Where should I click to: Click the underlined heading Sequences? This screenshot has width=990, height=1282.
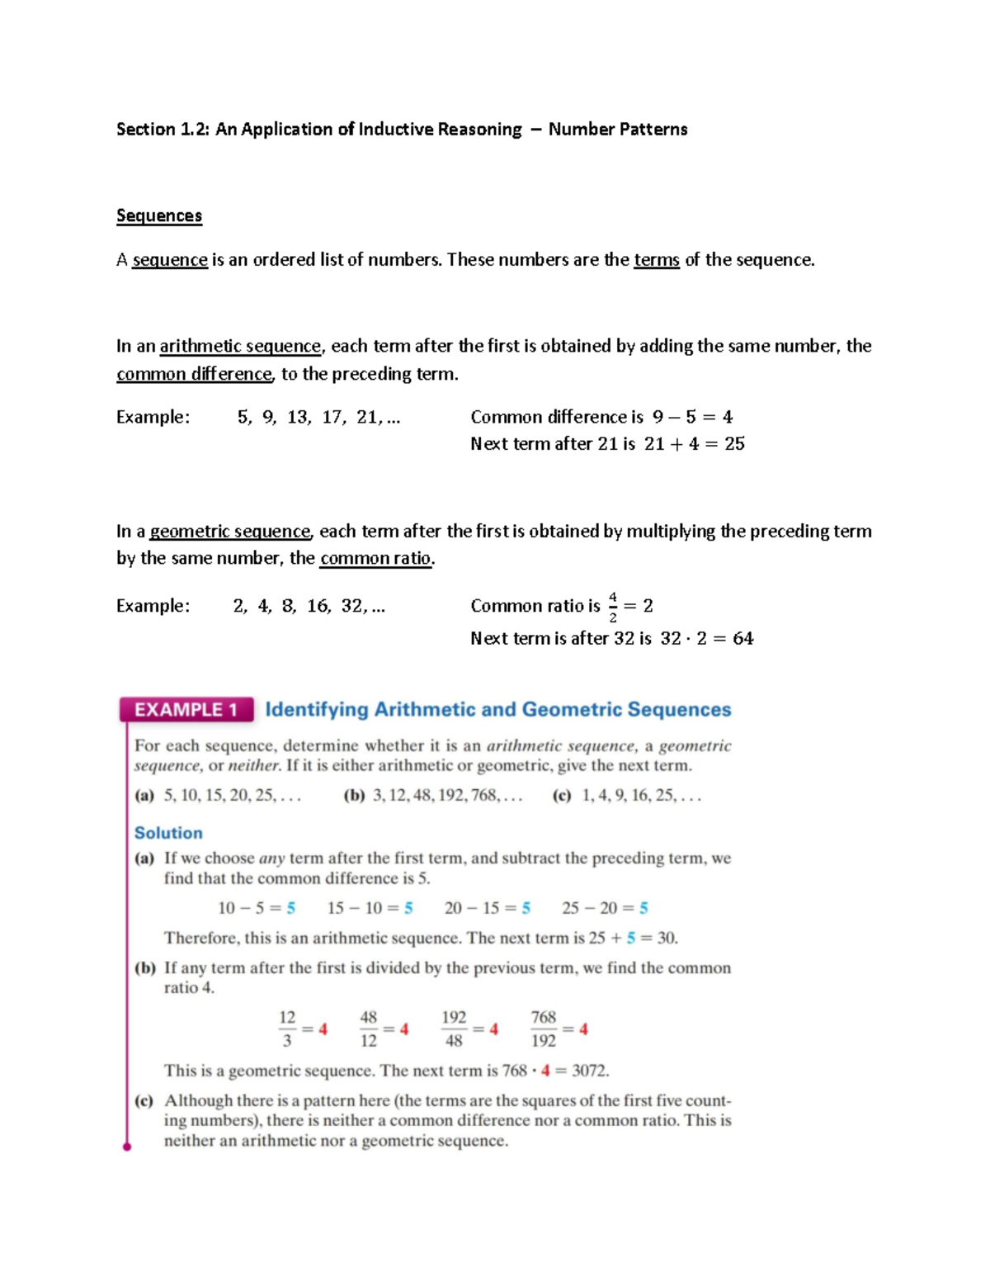[x=158, y=216]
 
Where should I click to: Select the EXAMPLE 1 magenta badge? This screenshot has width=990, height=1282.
[x=186, y=710]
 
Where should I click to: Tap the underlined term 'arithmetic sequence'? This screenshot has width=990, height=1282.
[x=240, y=346]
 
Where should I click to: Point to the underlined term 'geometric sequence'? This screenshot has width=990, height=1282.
[x=230, y=532]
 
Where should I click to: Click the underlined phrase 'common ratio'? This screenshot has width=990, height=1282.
[x=375, y=559]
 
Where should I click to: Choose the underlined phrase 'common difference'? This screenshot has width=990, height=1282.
[x=194, y=374]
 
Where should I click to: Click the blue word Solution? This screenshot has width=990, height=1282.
[x=168, y=833]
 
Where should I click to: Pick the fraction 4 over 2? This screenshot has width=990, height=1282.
[x=612, y=607]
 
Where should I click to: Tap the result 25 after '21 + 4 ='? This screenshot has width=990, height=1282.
[x=734, y=444]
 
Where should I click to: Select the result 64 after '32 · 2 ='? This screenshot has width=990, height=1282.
[x=742, y=639]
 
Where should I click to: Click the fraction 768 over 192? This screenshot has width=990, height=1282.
[x=543, y=1029]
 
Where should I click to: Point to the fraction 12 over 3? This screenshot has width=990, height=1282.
[x=287, y=1029]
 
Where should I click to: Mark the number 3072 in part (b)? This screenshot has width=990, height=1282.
[x=589, y=1071]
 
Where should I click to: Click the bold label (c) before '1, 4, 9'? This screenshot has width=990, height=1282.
[x=562, y=796]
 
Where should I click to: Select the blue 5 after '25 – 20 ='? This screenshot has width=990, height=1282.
[x=643, y=908]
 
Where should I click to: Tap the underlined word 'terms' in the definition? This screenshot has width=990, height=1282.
[x=656, y=260]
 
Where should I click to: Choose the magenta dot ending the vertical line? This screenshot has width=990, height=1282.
[x=127, y=1147]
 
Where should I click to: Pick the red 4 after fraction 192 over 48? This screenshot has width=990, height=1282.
[x=493, y=1029]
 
